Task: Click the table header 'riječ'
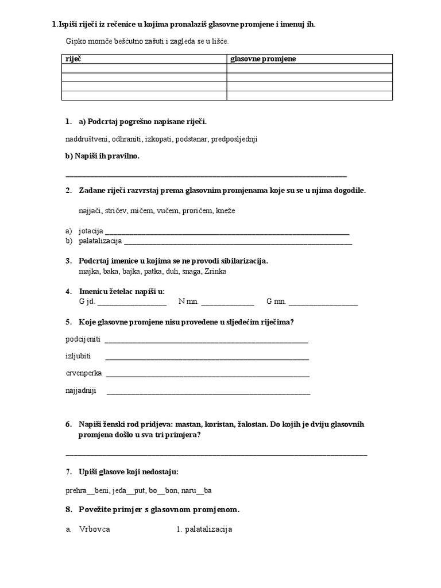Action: (x=73, y=59)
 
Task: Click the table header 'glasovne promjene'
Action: (x=263, y=59)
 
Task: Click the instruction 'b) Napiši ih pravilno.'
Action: (x=103, y=156)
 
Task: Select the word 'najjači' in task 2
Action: (x=90, y=211)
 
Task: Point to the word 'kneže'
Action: (x=226, y=211)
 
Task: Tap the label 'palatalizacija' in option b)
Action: (x=100, y=241)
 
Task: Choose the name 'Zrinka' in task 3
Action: (x=215, y=271)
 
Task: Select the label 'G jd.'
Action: (x=87, y=301)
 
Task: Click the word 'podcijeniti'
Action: (x=83, y=339)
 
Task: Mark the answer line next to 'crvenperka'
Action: (x=208, y=374)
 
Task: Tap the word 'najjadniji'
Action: (x=81, y=391)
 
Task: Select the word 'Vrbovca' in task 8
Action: (x=95, y=529)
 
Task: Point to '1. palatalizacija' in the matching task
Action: (x=204, y=529)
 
